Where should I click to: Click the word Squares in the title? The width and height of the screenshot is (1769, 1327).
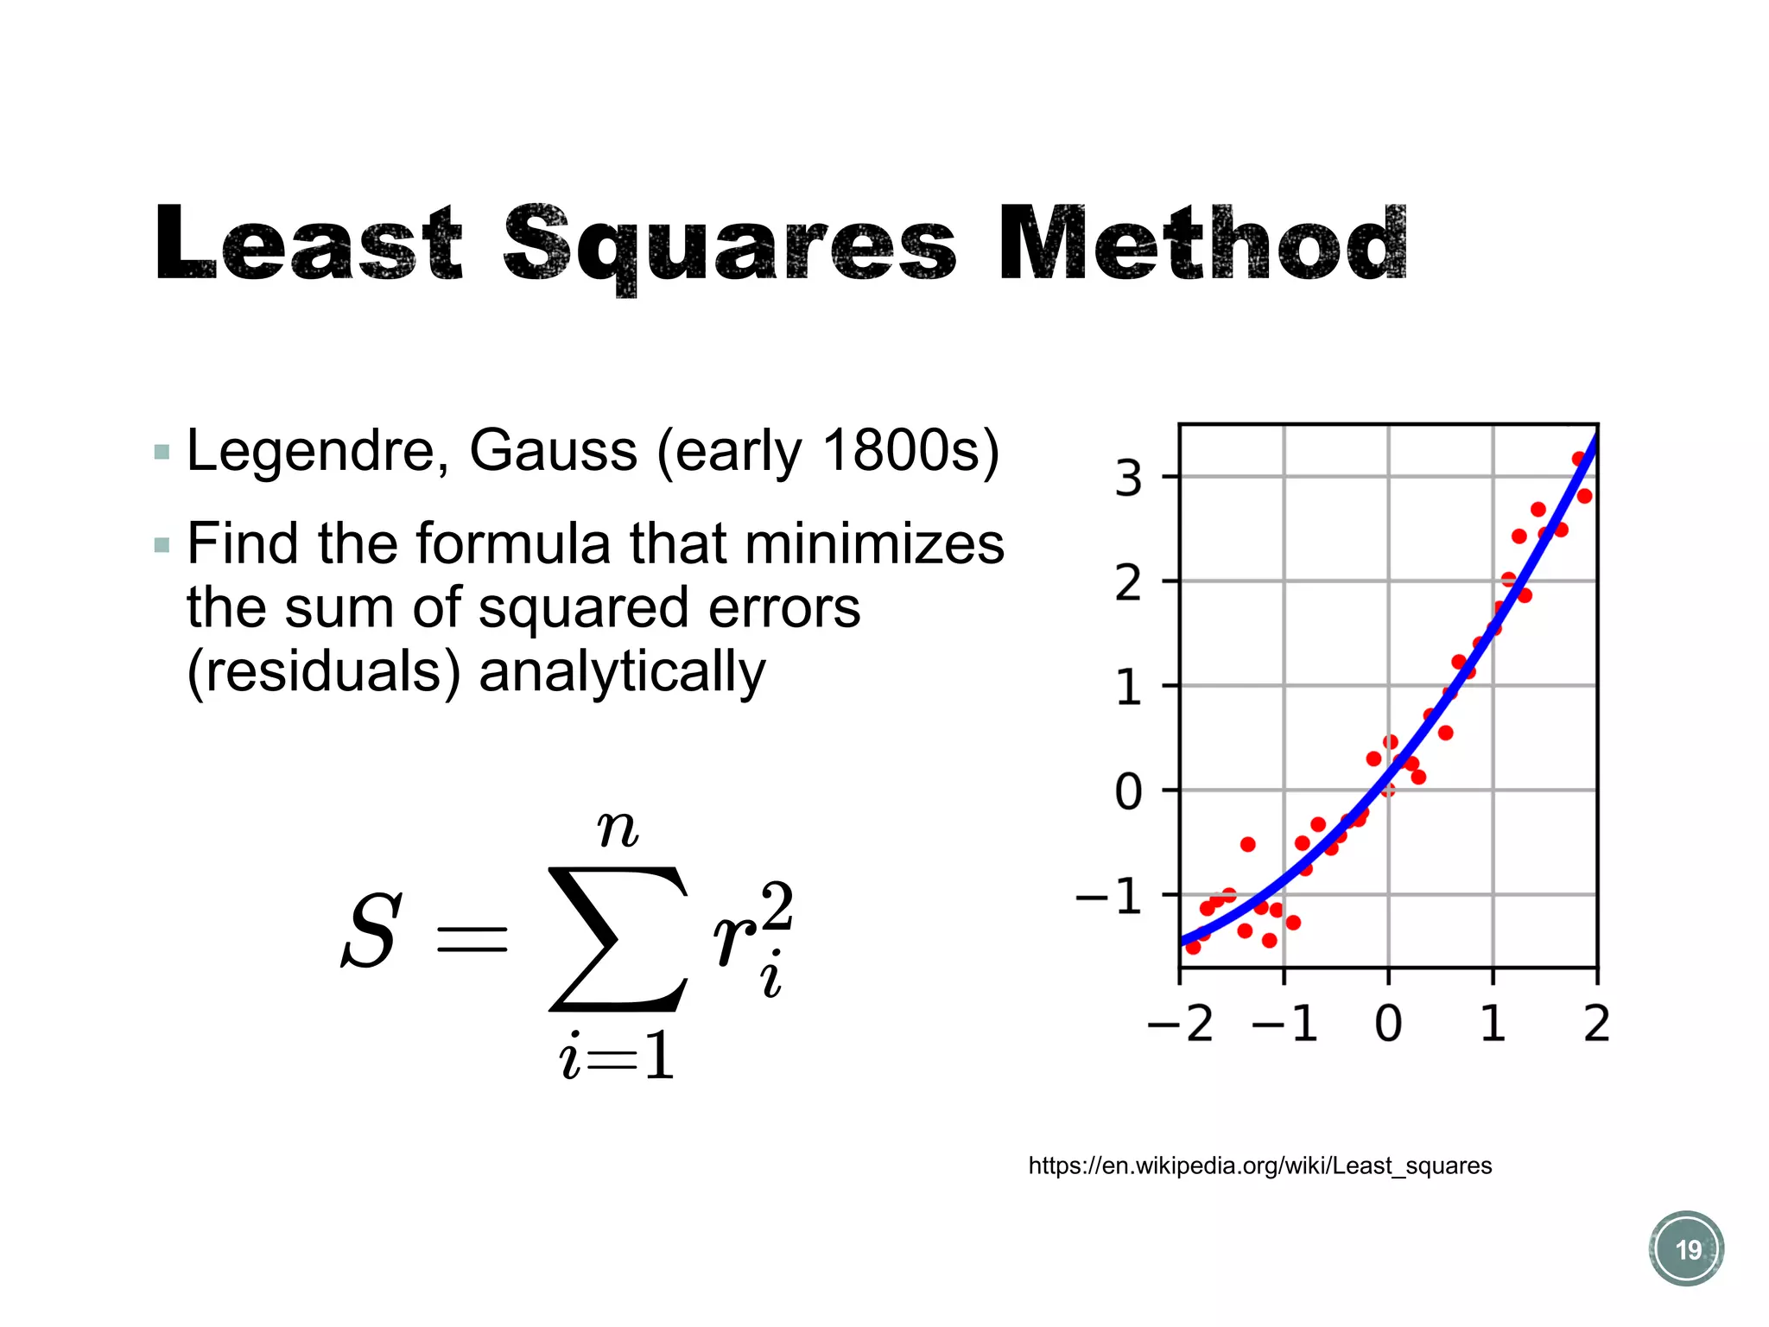pos(730,246)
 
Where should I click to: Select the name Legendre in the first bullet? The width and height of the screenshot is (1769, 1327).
pos(316,451)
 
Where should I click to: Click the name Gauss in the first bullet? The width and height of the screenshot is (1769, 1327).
pos(553,451)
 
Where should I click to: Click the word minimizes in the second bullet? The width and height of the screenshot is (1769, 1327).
pos(874,544)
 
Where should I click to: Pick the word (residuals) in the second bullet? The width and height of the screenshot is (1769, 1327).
pos(324,672)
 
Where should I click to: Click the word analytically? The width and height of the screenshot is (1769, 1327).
pos(622,672)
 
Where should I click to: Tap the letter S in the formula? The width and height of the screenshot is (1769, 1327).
pos(371,933)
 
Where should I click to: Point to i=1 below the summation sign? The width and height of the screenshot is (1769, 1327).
pos(617,1057)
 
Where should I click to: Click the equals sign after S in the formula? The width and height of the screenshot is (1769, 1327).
pos(472,938)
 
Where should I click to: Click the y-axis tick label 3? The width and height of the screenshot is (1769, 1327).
pos(1128,478)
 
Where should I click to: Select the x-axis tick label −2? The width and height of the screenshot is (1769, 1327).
pos(1180,1025)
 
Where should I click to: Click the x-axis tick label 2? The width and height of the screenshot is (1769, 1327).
pos(1596,1025)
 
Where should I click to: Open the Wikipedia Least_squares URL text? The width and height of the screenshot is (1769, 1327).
pos(1259,1166)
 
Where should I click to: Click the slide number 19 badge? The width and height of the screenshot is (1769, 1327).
pos(1686,1249)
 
